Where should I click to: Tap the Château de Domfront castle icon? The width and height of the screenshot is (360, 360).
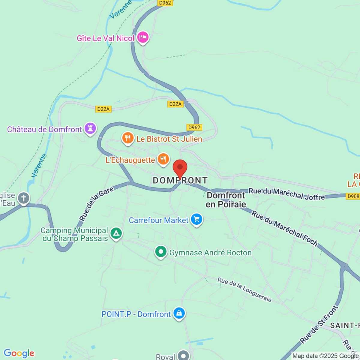point(90,128)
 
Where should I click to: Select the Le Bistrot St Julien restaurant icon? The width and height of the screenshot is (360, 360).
point(128,138)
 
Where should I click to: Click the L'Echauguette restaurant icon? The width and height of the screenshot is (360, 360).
point(163,159)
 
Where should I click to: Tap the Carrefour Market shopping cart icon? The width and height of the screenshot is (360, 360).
point(197,220)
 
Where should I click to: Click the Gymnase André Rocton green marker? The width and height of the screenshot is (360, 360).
point(161,251)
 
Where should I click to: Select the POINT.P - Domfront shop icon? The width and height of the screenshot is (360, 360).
point(179,313)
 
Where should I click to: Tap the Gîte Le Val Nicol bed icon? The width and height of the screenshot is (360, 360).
point(143,37)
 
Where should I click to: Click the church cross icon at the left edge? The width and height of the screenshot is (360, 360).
point(23,198)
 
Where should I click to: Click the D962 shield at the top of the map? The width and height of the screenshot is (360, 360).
point(165,3)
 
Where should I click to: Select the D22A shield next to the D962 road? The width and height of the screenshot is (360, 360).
point(175,104)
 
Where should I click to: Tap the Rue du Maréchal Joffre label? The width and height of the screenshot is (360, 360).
point(287,194)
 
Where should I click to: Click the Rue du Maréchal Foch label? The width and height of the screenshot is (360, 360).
point(284,228)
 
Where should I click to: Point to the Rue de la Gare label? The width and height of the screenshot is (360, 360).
point(97,203)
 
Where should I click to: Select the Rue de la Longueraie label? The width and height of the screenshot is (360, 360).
point(245,289)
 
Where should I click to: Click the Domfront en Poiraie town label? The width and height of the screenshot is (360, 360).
point(226,200)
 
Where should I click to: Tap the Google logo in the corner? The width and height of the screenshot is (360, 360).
point(19,353)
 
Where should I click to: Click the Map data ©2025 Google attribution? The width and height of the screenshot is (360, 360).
point(325,356)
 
